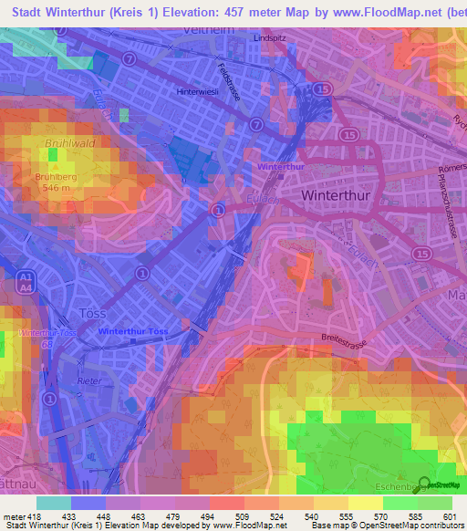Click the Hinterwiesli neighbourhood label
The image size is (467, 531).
click(x=202, y=91)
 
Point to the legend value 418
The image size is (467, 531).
click(x=35, y=516)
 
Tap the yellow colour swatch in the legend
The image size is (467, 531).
click(x=365, y=503)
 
